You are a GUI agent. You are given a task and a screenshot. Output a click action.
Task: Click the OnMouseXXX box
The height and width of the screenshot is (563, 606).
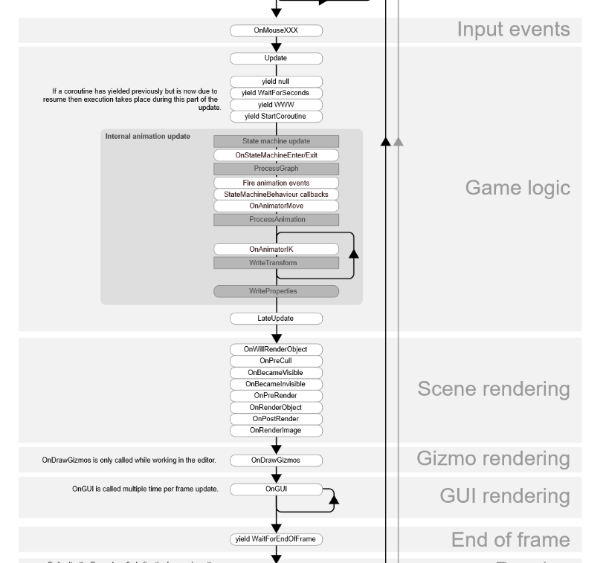click(x=276, y=31)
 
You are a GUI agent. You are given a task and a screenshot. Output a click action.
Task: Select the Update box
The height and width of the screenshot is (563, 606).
click(x=276, y=58)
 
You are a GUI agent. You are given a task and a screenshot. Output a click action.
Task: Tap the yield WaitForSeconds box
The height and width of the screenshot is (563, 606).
click(x=276, y=93)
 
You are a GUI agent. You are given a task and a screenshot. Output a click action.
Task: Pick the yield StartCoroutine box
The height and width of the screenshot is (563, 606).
click(x=276, y=117)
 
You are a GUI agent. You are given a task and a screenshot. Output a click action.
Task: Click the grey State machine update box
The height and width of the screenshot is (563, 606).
click(x=276, y=141)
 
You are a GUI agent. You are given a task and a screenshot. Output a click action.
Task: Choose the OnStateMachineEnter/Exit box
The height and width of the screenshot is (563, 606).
click(x=276, y=155)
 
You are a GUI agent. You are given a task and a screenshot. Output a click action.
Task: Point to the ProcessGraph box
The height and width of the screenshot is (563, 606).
click(x=276, y=169)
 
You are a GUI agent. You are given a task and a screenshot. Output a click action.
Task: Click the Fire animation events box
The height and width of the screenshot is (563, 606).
click(x=276, y=182)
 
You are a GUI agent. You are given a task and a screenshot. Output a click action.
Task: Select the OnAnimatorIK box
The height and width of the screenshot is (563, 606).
click(x=276, y=249)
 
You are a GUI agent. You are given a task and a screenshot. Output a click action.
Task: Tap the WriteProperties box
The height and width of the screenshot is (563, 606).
click(x=276, y=291)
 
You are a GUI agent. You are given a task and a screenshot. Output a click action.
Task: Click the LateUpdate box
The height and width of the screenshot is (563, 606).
click(x=276, y=319)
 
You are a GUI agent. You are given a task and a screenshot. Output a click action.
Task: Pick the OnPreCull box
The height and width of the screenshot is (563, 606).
click(x=276, y=360)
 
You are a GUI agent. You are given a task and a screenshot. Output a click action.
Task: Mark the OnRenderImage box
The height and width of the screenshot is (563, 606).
click(x=276, y=430)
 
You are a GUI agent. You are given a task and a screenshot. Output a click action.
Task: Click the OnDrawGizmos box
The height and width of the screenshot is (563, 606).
click(x=276, y=461)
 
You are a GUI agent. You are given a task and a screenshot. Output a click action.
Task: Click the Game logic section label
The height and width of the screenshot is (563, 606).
click(x=518, y=188)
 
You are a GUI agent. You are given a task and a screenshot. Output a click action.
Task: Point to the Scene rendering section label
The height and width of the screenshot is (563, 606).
click(x=494, y=389)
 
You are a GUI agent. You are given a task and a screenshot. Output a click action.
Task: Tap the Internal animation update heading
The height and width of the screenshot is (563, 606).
click(x=147, y=137)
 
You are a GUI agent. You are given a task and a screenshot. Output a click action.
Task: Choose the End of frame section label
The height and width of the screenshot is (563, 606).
click(x=511, y=540)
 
